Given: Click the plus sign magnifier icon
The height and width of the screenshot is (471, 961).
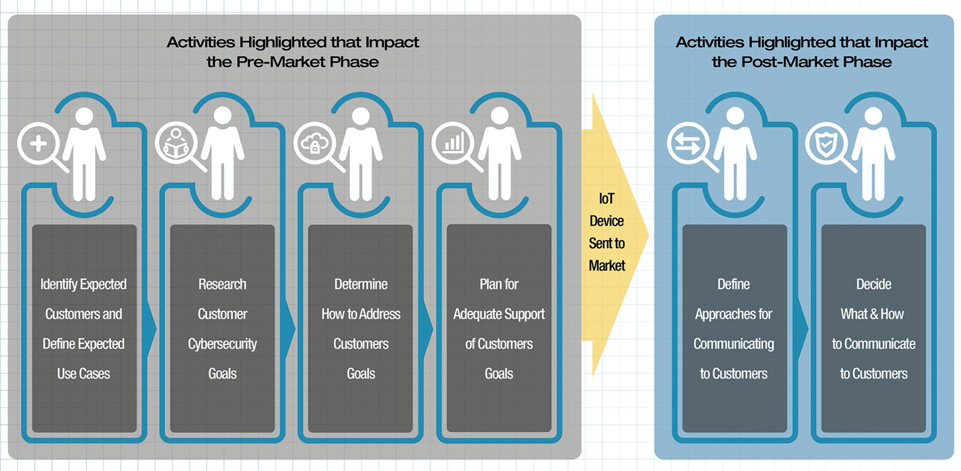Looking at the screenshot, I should point(38,144).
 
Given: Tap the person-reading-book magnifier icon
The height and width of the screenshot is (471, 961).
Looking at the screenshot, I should point(176,144).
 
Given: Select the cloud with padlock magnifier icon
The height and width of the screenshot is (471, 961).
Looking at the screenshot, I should point(315,144).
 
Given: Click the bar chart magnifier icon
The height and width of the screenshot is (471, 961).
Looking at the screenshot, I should point(453,143).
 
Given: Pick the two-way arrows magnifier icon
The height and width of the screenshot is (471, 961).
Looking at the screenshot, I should point(688,144).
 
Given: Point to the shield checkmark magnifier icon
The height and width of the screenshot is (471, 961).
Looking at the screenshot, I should point(826,144).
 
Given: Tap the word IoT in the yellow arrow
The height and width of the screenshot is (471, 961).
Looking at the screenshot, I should point(607,199).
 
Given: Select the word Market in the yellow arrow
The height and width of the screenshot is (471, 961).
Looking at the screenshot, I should point(607,266).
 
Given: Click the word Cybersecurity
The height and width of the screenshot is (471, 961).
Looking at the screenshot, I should point(222,344).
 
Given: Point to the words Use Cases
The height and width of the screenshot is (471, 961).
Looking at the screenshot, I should point(83,374).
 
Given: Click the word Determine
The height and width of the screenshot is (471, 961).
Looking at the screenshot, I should point(361,284).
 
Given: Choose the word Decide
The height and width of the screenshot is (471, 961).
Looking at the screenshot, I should point(873,284).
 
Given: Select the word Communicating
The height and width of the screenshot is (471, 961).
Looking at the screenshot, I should point(734,344).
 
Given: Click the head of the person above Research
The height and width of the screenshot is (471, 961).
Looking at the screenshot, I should point(222,115).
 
